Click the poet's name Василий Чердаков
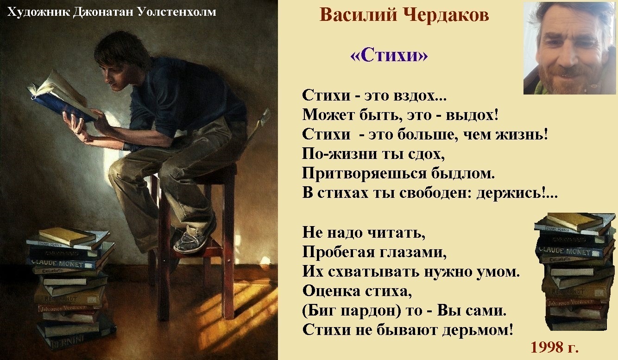pos(404,15)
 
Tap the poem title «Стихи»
pos(389,56)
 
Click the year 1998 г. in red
pos(555,347)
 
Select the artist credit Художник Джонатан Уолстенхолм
pos(112,12)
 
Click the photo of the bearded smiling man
pos(569,48)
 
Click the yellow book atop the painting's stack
pos(67,235)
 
